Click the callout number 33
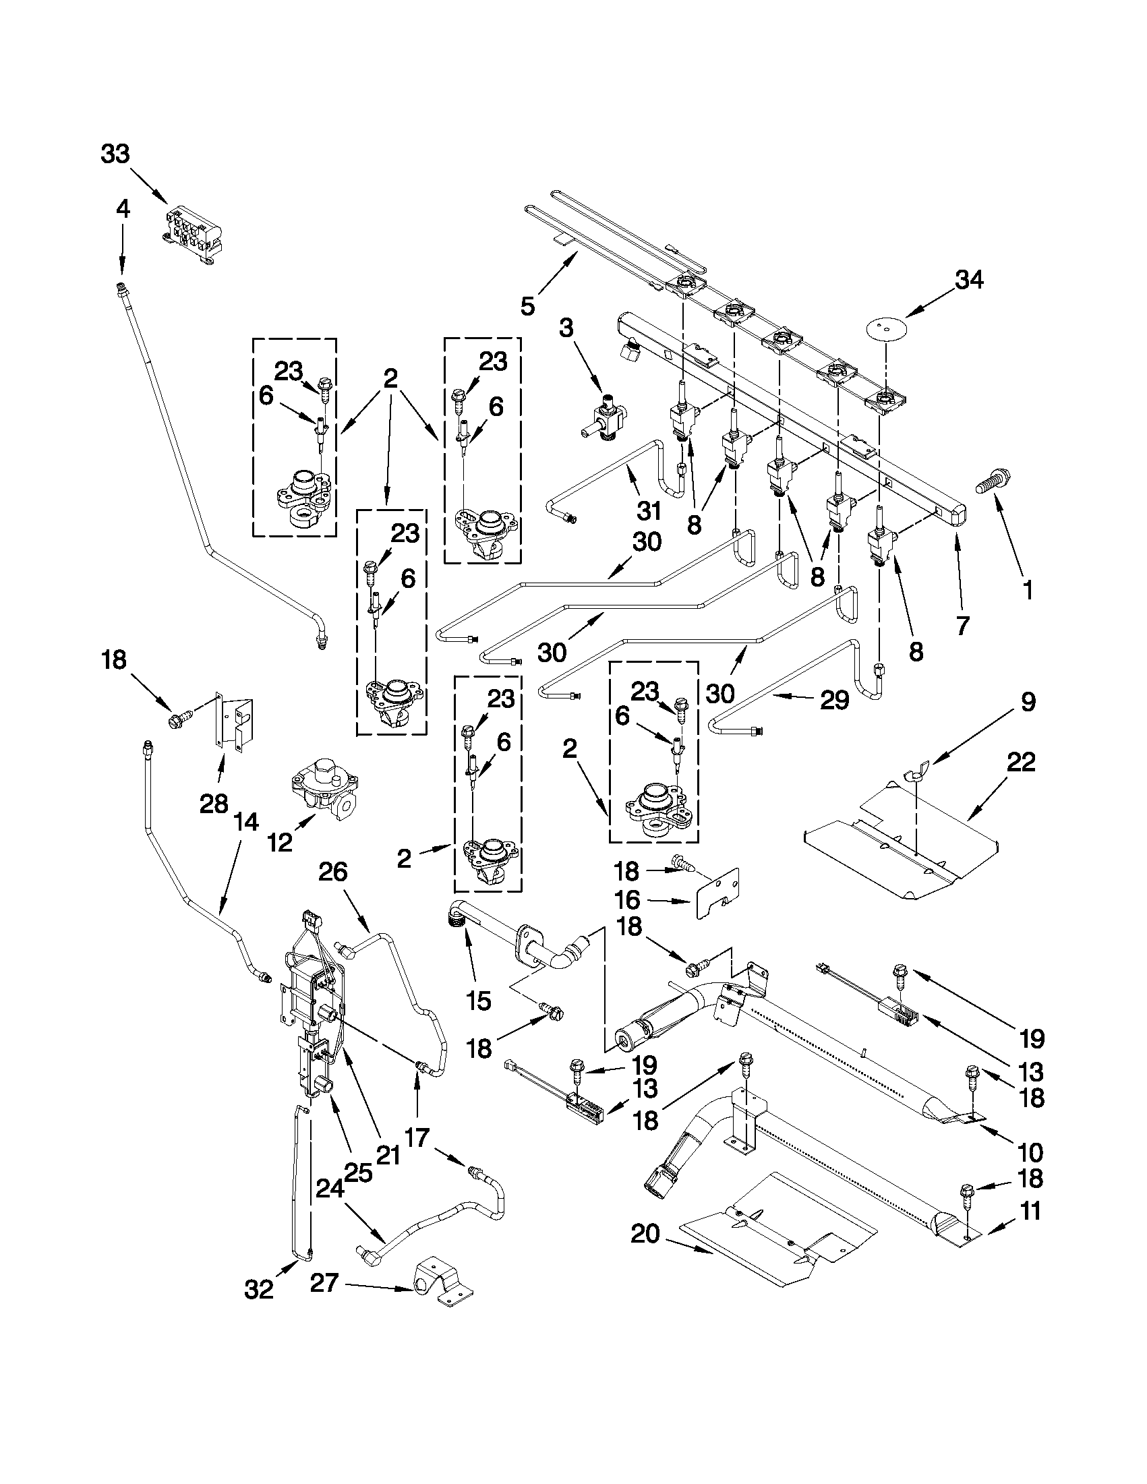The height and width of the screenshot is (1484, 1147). point(115,154)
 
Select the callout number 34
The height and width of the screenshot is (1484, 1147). point(969,279)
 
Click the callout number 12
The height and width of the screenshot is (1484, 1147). point(279,843)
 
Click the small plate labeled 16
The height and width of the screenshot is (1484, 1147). point(717,891)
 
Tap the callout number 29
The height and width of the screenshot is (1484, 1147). point(834,700)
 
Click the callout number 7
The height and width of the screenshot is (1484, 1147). point(962,625)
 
